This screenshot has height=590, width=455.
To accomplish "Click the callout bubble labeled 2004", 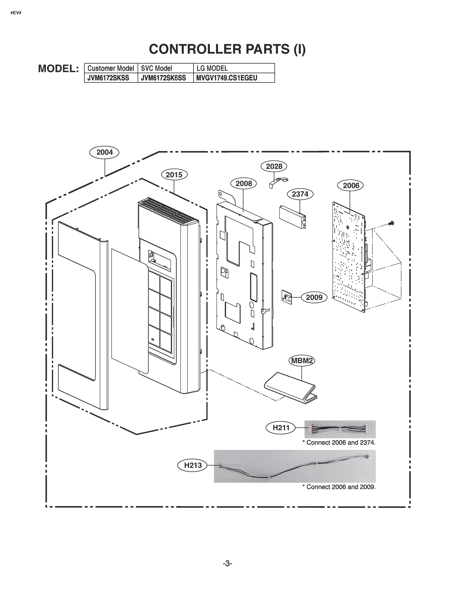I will click(104, 152).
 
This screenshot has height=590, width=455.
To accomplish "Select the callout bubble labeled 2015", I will click(174, 175).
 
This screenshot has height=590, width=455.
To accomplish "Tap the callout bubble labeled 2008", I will click(243, 184).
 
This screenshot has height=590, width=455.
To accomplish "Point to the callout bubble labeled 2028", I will click(273, 166).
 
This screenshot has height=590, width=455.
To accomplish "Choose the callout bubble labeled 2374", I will click(300, 194).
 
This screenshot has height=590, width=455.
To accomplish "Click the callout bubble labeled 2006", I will click(351, 185).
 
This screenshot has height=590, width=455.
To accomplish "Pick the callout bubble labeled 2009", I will click(314, 297).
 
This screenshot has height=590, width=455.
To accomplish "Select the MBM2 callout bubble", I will click(302, 361).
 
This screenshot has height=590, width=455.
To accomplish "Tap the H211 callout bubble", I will click(281, 428).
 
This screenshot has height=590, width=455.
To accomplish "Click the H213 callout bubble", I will click(193, 465).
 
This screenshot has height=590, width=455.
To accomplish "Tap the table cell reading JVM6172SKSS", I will click(108, 78).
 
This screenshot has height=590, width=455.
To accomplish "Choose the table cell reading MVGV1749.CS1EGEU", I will click(227, 78).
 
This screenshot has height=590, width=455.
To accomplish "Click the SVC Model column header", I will click(156, 68).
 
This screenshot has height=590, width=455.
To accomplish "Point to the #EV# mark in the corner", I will click(16, 13).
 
